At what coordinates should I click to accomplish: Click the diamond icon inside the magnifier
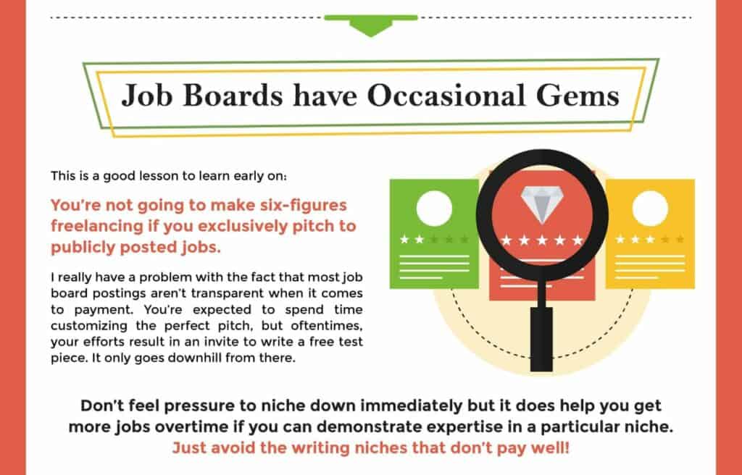542,204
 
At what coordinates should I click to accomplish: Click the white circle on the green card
434,208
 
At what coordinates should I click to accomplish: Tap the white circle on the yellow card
650,208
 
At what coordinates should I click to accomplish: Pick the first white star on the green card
404,240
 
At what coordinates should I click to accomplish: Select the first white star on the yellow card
620,240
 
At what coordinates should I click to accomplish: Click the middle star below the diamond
542,240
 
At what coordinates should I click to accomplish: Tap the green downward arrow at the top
371,25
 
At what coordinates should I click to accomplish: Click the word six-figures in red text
304,206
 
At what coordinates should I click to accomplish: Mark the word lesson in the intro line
159,177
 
